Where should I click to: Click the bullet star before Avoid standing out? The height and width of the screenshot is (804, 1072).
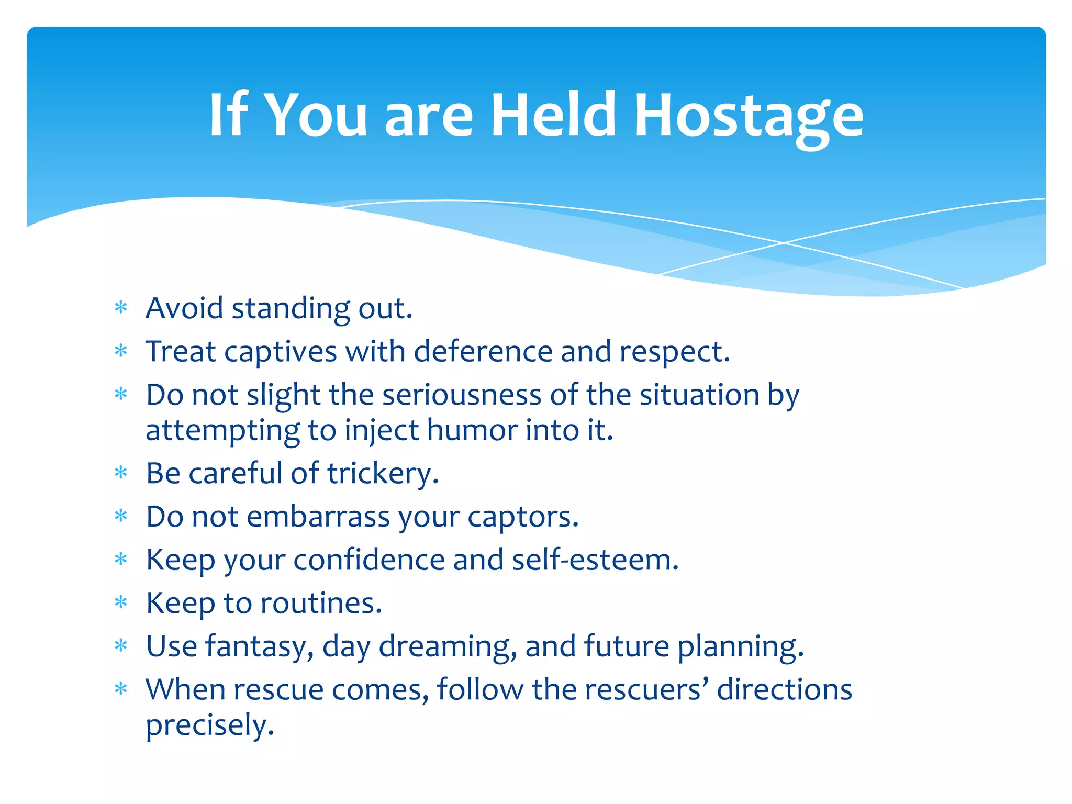(x=121, y=308)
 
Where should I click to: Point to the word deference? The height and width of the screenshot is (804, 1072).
(x=483, y=351)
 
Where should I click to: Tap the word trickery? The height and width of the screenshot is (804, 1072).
(x=383, y=474)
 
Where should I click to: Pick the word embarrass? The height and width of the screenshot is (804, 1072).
(x=318, y=517)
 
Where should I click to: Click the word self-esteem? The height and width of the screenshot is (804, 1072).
(x=595, y=560)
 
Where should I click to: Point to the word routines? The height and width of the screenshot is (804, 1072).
(x=321, y=603)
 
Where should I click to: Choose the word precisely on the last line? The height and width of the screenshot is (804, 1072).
(x=210, y=726)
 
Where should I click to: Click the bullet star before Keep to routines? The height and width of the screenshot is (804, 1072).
(x=121, y=602)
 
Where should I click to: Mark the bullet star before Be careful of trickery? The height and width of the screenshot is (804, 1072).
(x=121, y=473)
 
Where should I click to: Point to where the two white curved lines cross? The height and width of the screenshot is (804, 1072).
(x=784, y=243)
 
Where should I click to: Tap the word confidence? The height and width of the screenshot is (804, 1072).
(x=368, y=560)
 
